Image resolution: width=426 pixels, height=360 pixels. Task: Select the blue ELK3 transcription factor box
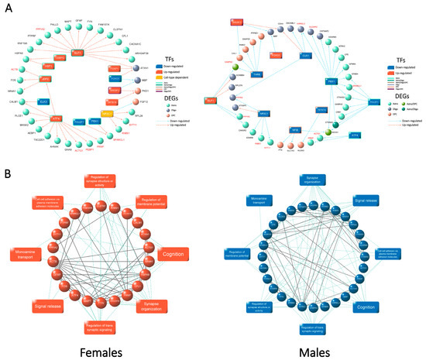(x=43, y=101)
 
